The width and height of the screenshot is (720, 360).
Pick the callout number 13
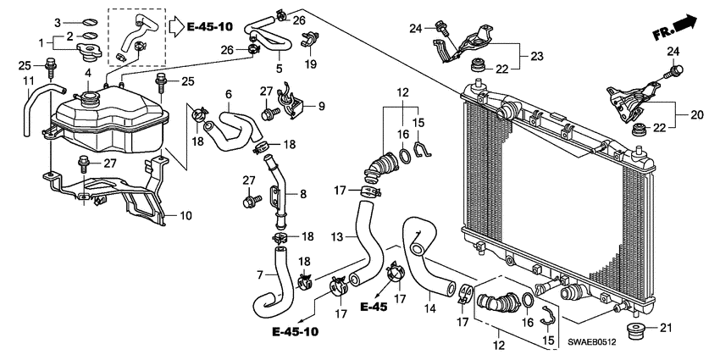click(x=336, y=236)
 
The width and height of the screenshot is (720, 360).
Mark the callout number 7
click(x=261, y=276)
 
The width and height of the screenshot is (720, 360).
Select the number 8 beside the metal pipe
click(x=303, y=193)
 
